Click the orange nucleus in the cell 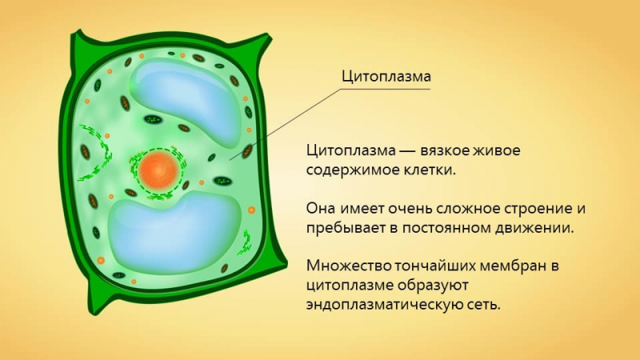pos(157,170)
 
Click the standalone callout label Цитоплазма pos(386,77)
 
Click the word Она pos(321,210)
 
